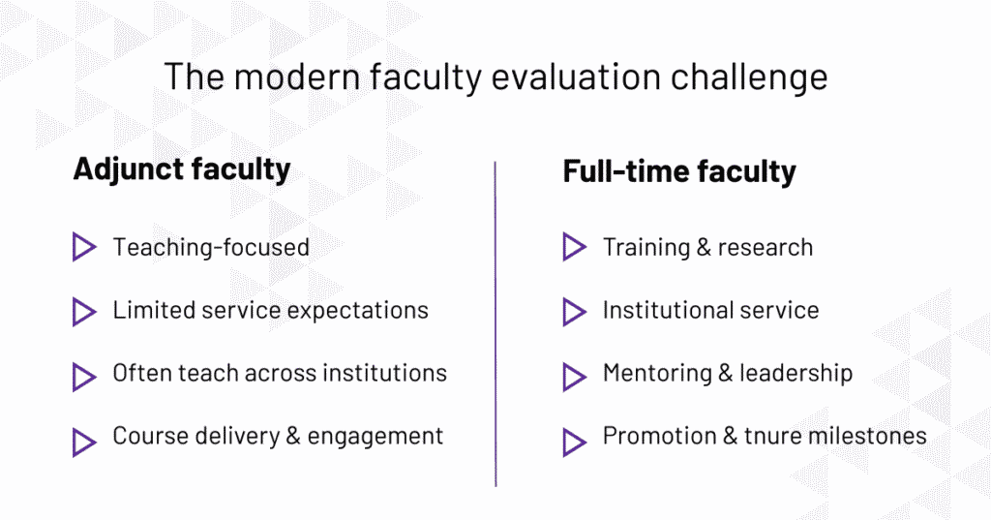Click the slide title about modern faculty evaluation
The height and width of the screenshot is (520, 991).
tap(495, 76)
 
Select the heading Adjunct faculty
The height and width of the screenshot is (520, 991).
tap(182, 168)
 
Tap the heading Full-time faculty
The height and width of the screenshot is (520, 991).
tap(679, 172)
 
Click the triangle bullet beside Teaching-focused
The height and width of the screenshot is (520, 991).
tap(84, 247)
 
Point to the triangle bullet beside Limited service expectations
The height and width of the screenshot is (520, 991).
tap(84, 311)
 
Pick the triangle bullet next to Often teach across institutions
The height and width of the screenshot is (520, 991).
tap(84, 375)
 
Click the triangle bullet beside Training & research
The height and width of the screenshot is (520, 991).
tap(574, 247)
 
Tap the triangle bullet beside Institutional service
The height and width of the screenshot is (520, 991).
tap(574, 311)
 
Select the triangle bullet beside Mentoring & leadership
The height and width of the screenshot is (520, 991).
tap(574, 375)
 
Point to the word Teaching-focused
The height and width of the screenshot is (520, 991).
tap(211, 248)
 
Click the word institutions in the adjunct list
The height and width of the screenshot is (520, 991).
tap(386, 373)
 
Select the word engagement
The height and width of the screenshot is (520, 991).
tap(375, 438)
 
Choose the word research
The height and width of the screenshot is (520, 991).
tap(765, 247)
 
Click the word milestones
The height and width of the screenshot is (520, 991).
tap(875, 437)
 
